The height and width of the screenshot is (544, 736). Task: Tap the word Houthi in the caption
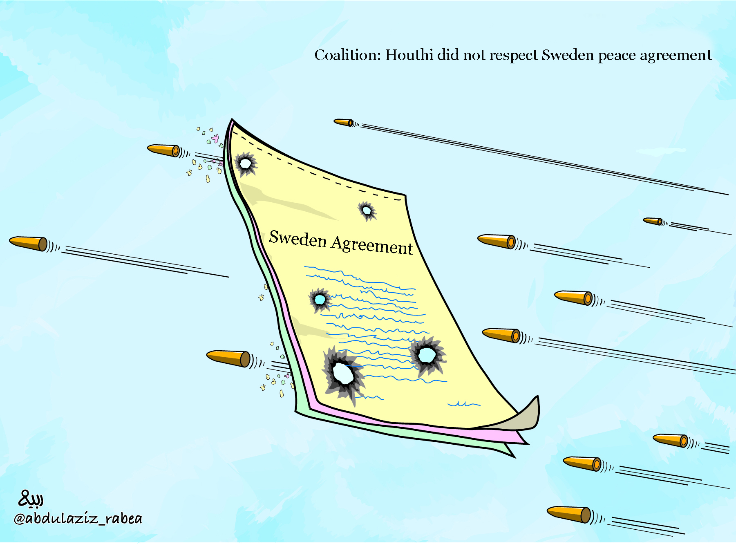[x=409, y=55]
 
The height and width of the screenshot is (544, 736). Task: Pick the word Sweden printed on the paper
[x=298, y=238]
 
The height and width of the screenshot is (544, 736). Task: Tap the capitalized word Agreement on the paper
[x=372, y=246]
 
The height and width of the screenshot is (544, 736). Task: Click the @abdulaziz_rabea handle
[x=78, y=518]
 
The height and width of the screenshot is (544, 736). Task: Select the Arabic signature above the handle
[x=31, y=498]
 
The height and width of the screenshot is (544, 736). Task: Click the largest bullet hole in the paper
[x=343, y=373]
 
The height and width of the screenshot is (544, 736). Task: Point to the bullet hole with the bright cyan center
[x=320, y=300]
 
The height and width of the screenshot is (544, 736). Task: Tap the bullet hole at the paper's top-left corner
[x=245, y=164]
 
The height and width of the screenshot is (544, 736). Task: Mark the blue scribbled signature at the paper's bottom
[x=464, y=404]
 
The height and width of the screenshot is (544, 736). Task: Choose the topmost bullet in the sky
[x=343, y=122]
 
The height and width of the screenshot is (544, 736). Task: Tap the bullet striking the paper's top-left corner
[x=163, y=150]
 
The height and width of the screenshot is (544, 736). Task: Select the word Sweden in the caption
[x=568, y=55]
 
